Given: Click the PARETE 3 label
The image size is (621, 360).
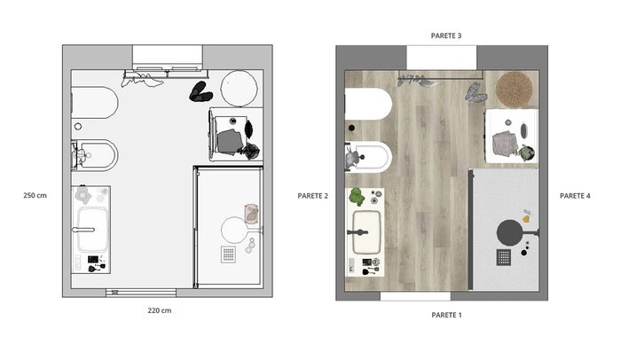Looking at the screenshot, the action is click(x=446, y=35).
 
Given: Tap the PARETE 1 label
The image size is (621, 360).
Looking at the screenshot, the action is click(x=446, y=316).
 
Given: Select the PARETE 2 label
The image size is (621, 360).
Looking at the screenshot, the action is click(x=313, y=196).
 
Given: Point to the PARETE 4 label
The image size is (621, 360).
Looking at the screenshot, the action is click(x=575, y=196).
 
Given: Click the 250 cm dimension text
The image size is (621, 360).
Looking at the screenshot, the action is click(x=35, y=195).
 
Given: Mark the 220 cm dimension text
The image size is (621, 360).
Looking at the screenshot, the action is click(x=160, y=310).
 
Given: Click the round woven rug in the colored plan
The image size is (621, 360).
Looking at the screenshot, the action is click(x=515, y=90).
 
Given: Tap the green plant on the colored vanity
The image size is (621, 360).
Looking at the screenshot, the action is click(x=357, y=197).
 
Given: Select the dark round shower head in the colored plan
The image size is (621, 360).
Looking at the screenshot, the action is click(x=509, y=232).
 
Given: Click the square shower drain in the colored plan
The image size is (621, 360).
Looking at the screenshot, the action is click(x=503, y=257).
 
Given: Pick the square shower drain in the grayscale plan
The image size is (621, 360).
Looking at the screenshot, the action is click(x=229, y=254).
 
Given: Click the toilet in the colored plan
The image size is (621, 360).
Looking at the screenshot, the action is click(x=368, y=104).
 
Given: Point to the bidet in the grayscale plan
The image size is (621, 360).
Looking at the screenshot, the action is click(x=95, y=155).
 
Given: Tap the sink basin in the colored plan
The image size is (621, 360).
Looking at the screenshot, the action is click(x=366, y=232).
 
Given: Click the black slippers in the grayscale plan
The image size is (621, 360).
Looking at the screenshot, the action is click(x=200, y=92).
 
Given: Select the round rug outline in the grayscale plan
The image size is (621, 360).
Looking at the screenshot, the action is click(x=239, y=89).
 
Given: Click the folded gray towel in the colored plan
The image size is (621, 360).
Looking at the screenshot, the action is click(x=505, y=143).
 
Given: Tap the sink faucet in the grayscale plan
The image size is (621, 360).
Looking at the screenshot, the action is click(x=83, y=230).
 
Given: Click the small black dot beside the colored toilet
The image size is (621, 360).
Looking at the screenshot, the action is click(x=351, y=128).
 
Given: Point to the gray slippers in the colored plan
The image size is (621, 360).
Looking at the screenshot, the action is click(x=476, y=93).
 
